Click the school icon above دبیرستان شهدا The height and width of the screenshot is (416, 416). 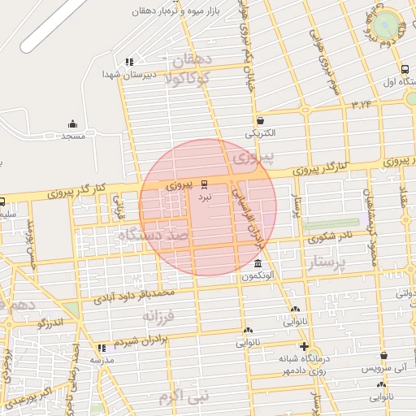click(x=128, y=62)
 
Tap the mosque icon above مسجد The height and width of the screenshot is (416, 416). click(x=73, y=124)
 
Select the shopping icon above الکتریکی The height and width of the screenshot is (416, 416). click(x=260, y=120)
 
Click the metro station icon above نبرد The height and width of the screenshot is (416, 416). click(x=204, y=184)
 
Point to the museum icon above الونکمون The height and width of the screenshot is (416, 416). click(x=258, y=264)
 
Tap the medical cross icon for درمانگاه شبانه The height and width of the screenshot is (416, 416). click(x=303, y=346)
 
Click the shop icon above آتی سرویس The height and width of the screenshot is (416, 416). click(x=383, y=355)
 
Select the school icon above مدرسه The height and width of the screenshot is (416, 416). click(x=102, y=347)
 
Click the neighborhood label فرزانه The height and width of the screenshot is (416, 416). click(x=160, y=314)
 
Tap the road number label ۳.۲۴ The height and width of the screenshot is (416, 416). click(x=362, y=104)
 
